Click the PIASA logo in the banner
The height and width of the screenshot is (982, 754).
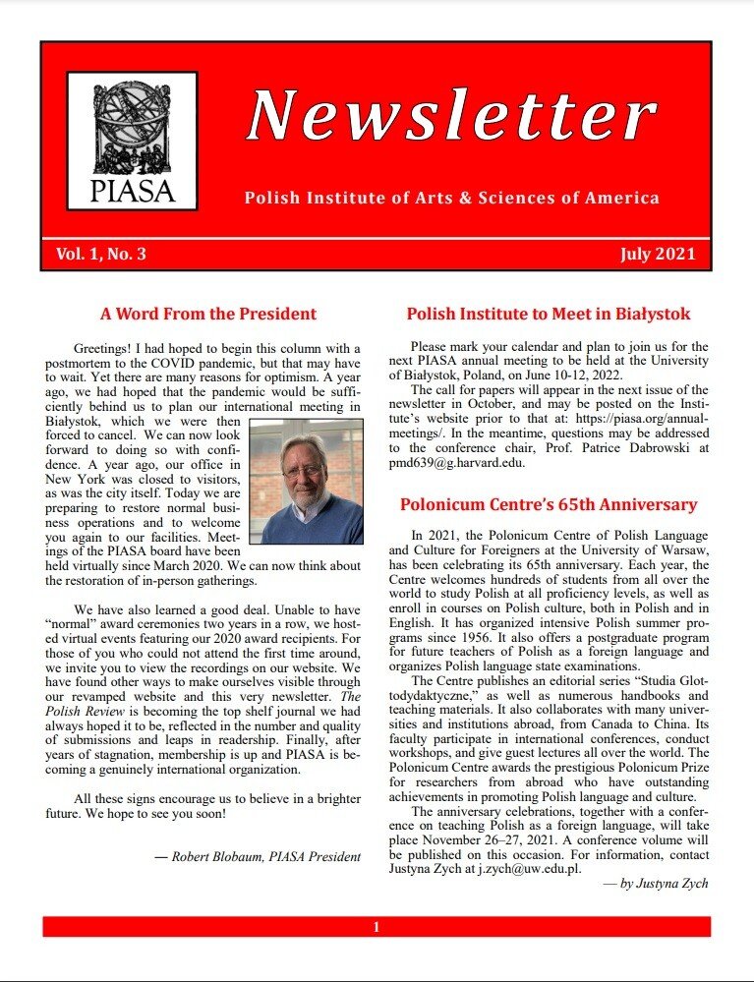point(132,140)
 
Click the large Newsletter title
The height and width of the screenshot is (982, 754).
point(450,116)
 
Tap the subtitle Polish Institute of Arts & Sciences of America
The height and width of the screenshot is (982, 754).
point(451,199)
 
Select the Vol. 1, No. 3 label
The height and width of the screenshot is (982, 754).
point(101,255)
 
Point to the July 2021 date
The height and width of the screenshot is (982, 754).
point(658,255)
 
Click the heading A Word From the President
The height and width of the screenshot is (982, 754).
point(208,315)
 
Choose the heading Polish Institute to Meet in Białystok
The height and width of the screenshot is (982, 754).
point(549,315)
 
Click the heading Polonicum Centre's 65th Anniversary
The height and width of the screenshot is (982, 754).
point(549,505)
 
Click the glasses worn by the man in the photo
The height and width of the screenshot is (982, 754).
point(304,469)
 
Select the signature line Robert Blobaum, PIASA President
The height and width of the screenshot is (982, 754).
point(265,856)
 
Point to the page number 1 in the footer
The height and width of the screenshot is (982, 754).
point(376,927)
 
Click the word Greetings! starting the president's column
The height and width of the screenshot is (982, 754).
point(103,349)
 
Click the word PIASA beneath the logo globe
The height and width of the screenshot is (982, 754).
point(132,189)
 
